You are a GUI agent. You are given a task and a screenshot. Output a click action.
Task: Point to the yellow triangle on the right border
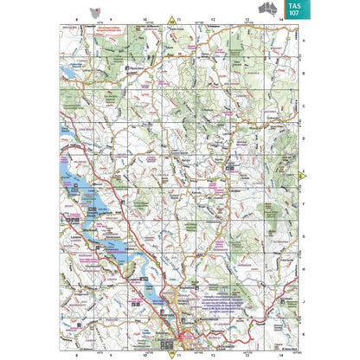[302, 176]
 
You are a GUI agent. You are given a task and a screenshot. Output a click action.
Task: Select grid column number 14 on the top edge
[280, 18]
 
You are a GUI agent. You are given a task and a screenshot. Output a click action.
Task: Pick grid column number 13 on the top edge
[247, 18]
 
